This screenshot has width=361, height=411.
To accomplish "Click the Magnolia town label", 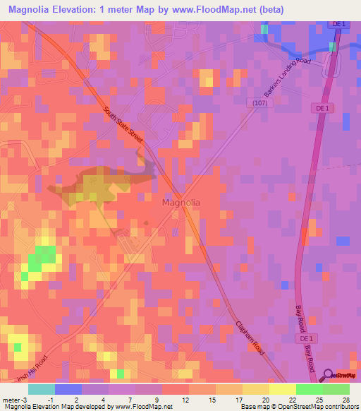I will pyautogui.click(x=181, y=202).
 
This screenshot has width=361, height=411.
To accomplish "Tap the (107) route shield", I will pyautogui.click(x=259, y=103).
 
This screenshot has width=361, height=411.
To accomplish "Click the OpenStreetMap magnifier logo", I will pyautogui.click(x=329, y=376).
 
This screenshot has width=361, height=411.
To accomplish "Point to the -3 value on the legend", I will pyautogui.click(x=24, y=398).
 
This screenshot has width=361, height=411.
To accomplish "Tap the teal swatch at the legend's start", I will pyautogui.click(x=42, y=389).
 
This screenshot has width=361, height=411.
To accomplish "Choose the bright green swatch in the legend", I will pyautogui.click(x=309, y=389).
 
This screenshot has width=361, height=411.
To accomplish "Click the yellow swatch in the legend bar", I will pyautogui.click(x=282, y=389).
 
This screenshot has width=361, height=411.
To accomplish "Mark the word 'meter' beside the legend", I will pyautogui.click(x=10, y=398).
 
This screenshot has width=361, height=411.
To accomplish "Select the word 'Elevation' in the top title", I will pyautogui.click(x=77, y=10).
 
